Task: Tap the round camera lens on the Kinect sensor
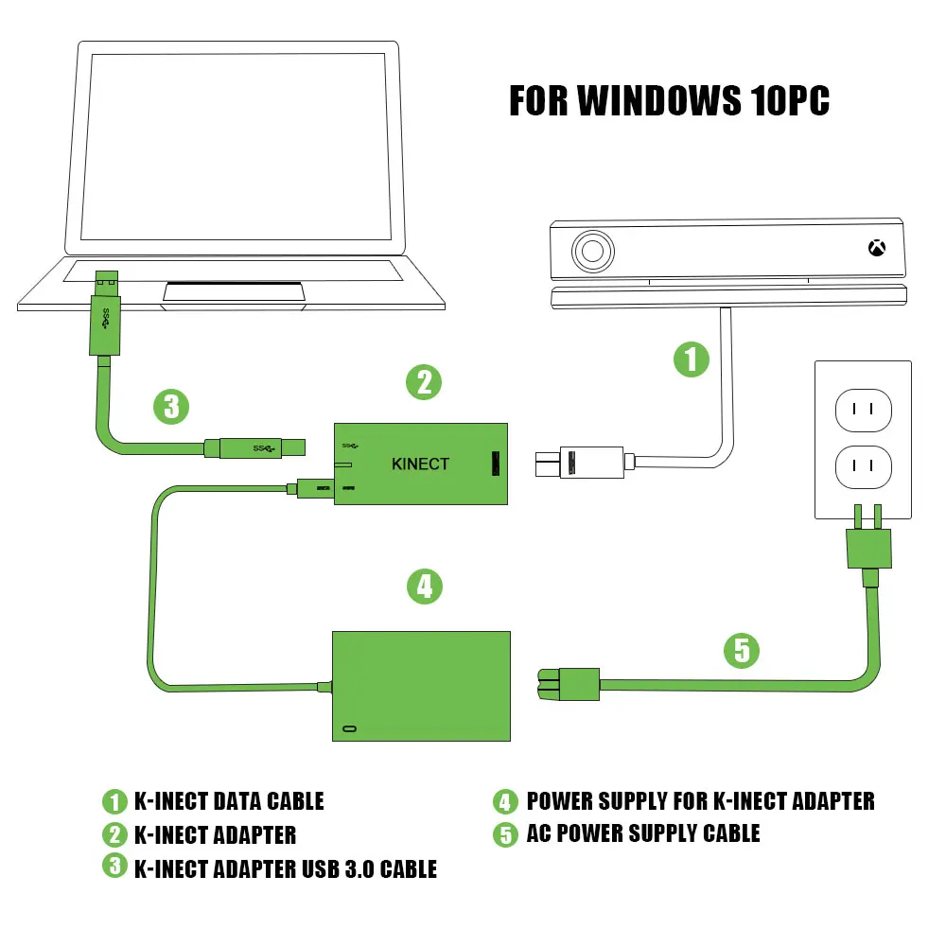pos(593,252)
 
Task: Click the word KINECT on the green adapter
pos(420,464)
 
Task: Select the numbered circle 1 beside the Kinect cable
pos(692,359)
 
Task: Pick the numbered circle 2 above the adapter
pos(425,381)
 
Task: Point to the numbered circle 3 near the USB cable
pos(171,407)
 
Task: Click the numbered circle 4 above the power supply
pos(425,587)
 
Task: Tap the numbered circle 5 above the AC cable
pos(743,650)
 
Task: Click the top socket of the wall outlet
pos(863,410)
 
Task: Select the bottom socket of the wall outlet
pos(863,466)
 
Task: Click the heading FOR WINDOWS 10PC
pos(669,100)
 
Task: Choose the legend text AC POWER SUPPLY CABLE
pos(642,832)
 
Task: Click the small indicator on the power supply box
pos(351,729)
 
